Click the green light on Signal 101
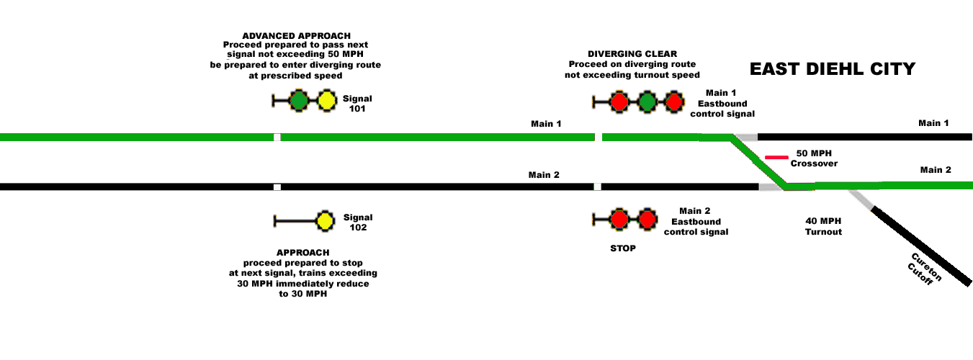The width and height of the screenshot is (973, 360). pyautogui.click(x=299, y=102)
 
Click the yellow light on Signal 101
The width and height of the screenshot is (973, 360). pyautogui.click(x=327, y=102)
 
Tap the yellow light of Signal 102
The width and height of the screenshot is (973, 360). pyautogui.click(x=325, y=221)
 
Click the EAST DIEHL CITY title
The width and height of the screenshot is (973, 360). pyautogui.click(x=832, y=69)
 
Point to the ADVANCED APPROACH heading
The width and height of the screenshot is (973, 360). pyautogui.click(x=296, y=36)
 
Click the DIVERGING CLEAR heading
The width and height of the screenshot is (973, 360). pyautogui.click(x=632, y=54)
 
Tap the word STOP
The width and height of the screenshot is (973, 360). pyautogui.click(x=622, y=248)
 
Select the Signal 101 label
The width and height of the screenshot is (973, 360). pyautogui.click(x=358, y=104)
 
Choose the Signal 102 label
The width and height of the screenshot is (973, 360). pyautogui.click(x=358, y=222)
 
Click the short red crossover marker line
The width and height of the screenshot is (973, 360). pyautogui.click(x=776, y=157)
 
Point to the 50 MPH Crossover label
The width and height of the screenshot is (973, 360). pyautogui.click(x=814, y=158)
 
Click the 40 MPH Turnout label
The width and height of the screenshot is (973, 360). pyautogui.click(x=823, y=226)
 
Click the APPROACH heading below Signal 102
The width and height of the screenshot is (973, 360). pyautogui.click(x=302, y=253)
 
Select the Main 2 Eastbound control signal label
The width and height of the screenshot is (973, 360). pyautogui.click(x=696, y=221)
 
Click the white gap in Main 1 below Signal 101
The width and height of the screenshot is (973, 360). pyautogui.click(x=277, y=137)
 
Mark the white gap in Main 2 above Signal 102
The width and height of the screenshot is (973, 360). pyautogui.click(x=277, y=187)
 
